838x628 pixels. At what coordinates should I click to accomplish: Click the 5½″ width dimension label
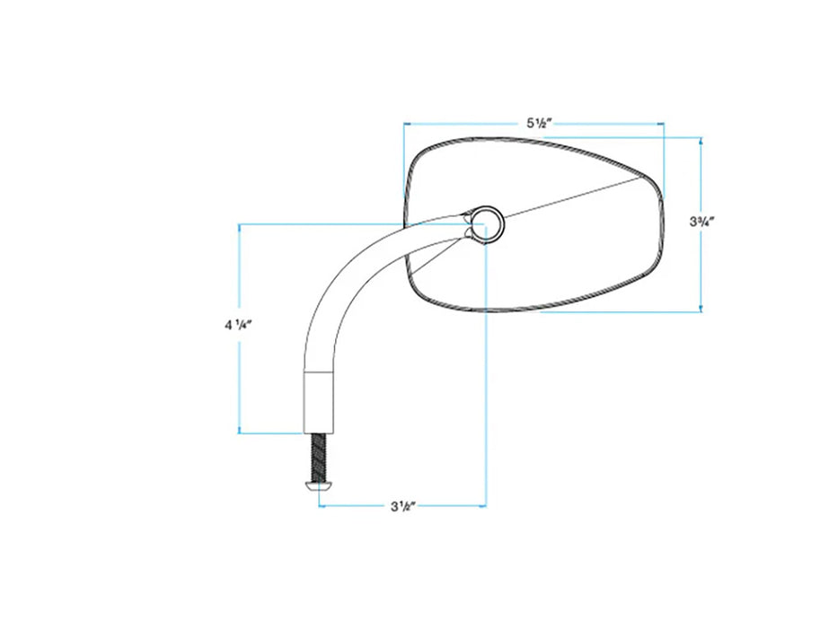pyautogui.click(x=539, y=124)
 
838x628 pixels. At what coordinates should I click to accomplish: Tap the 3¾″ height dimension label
pyautogui.click(x=702, y=221)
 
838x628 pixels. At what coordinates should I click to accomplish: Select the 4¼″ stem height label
pyautogui.click(x=238, y=325)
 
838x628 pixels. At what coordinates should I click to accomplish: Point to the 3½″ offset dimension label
pyautogui.click(x=403, y=506)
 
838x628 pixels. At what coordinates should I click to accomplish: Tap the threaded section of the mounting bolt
pyautogui.click(x=319, y=457)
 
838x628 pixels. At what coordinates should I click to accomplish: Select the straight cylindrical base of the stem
pyautogui.click(x=320, y=401)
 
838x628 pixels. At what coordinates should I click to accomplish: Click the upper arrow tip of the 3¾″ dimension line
pyautogui.click(x=701, y=138)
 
